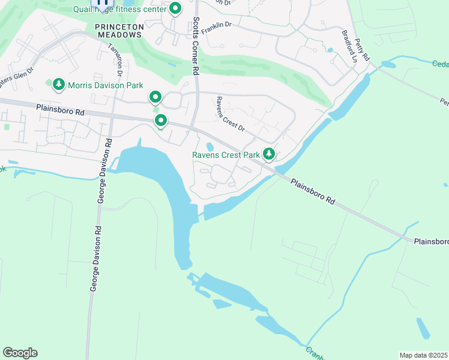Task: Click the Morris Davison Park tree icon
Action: coord(59,85)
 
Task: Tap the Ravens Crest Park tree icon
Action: coord(269,155)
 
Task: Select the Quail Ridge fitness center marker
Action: coord(175,8)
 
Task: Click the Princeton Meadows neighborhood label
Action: coord(119,31)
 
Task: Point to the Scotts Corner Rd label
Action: coord(196,45)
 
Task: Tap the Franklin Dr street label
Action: coord(216,28)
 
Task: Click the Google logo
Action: coord(20,353)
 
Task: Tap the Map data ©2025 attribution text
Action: coord(423,355)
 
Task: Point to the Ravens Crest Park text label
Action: coord(226,155)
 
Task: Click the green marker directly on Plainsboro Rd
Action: coord(161,121)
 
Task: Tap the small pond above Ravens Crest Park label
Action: coord(209,146)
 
